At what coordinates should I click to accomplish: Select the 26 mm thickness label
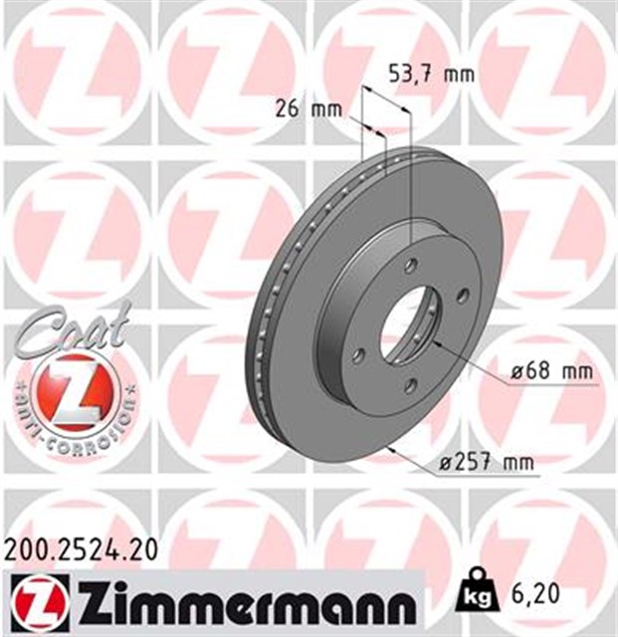click(x=301, y=109)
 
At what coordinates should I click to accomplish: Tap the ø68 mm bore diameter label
click(x=548, y=372)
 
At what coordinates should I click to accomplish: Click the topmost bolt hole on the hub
click(x=410, y=265)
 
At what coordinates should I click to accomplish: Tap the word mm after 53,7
click(x=459, y=73)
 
